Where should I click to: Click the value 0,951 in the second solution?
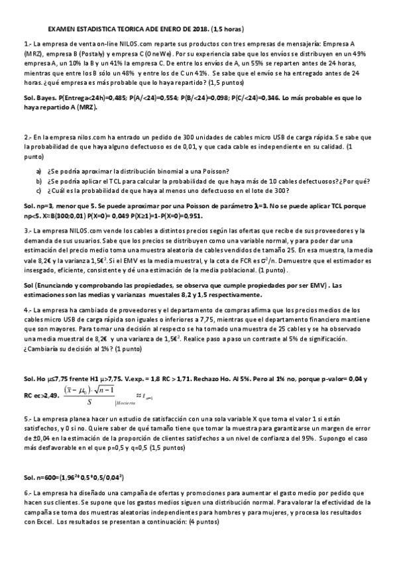(189, 216)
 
